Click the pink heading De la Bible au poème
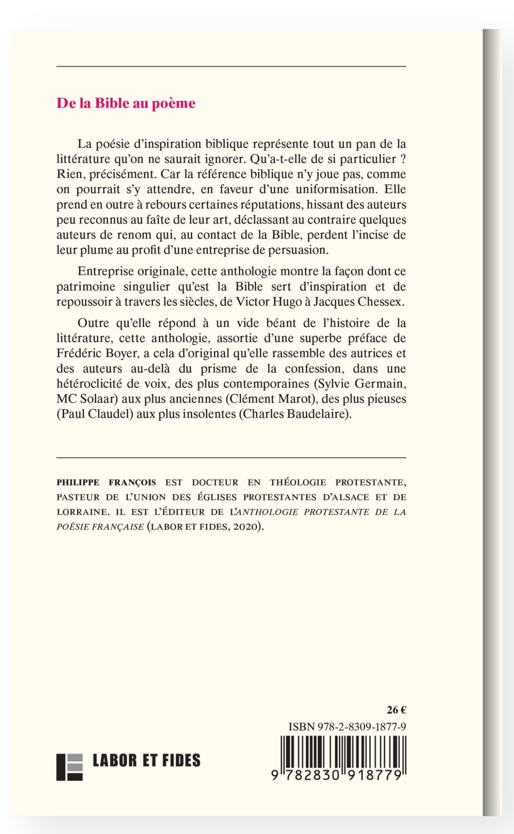pyautogui.click(x=126, y=104)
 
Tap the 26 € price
pyautogui.click(x=396, y=710)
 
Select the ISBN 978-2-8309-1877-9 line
pyautogui.click(x=347, y=727)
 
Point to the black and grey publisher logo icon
pyautogui.click(x=69, y=767)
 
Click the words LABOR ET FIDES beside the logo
pyautogui.click(x=146, y=761)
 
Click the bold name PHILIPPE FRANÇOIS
pyautogui.click(x=106, y=482)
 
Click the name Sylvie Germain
pyautogui.click(x=360, y=384)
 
